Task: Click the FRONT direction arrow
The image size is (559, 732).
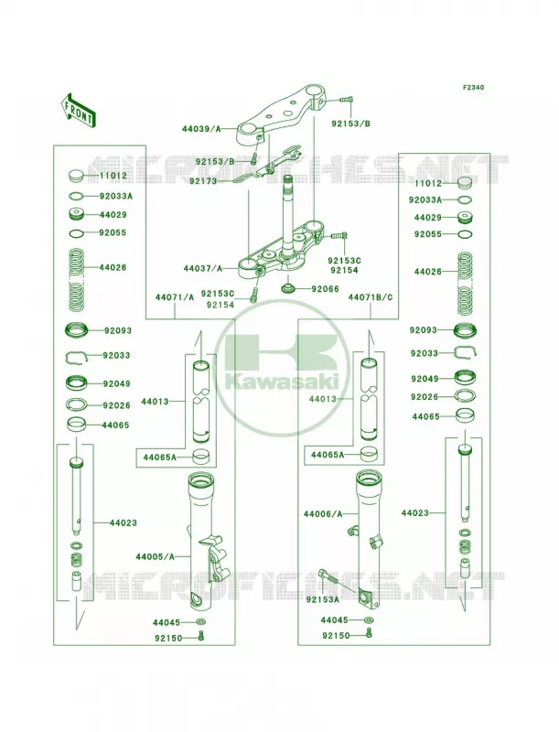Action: pyautogui.click(x=78, y=109)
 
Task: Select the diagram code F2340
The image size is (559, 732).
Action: pyautogui.click(x=473, y=87)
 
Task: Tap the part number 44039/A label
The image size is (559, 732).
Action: pyautogui.click(x=201, y=129)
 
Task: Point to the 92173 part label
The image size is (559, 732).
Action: pyautogui.click(x=203, y=181)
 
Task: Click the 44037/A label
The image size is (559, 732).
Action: pyautogui.click(x=202, y=268)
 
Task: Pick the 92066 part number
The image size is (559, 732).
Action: pyautogui.click(x=325, y=289)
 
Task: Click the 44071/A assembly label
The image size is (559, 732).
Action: pyautogui.click(x=175, y=296)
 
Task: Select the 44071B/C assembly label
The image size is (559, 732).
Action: pyautogui.click(x=371, y=296)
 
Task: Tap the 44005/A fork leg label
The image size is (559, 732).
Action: pyautogui.click(x=155, y=556)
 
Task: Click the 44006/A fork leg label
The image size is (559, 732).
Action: pyautogui.click(x=323, y=514)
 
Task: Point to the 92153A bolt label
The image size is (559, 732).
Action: pyautogui.click(x=322, y=599)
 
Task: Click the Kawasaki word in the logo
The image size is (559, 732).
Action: pyautogui.click(x=282, y=382)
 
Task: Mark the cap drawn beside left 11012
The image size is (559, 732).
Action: pyautogui.click(x=75, y=177)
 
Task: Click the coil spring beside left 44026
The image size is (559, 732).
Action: pyautogui.click(x=76, y=279)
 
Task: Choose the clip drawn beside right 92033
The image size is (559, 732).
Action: pyautogui.click(x=464, y=352)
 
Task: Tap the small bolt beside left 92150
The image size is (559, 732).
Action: pyautogui.click(x=201, y=636)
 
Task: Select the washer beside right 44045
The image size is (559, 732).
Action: pyautogui.click(x=369, y=620)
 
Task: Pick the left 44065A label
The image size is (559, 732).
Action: pyautogui.click(x=159, y=457)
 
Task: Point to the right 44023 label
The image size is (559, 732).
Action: pyautogui.click(x=414, y=513)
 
